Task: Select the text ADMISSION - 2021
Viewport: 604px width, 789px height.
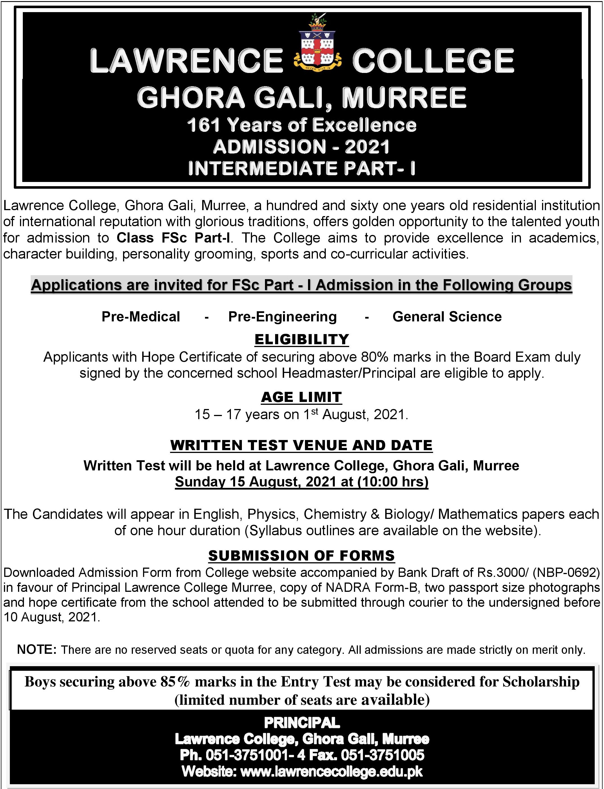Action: pyautogui.click(x=301, y=147)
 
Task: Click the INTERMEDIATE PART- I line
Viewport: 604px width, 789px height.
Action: pyautogui.click(x=301, y=168)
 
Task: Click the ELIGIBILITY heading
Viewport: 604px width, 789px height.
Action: pyautogui.click(x=302, y=339)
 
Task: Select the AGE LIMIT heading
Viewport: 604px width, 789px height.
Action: pyautogui.click(x=301, y=397)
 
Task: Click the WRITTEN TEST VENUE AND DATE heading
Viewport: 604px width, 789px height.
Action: pyautogui.click(x=301, y=445)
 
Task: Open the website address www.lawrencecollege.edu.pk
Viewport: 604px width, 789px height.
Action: pyautogui.click(x=331, y=771)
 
